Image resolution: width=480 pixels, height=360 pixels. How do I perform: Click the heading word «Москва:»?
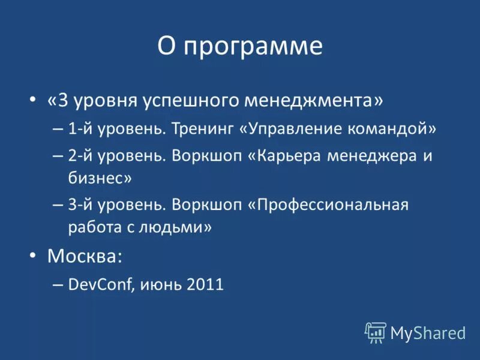[x=85, y=256]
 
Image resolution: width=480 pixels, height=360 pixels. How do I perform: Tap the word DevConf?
[x=101, y=284]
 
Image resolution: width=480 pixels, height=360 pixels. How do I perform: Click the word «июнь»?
[x=160, y=285]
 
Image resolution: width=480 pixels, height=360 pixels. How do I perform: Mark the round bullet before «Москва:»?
[x=33, y=256]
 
